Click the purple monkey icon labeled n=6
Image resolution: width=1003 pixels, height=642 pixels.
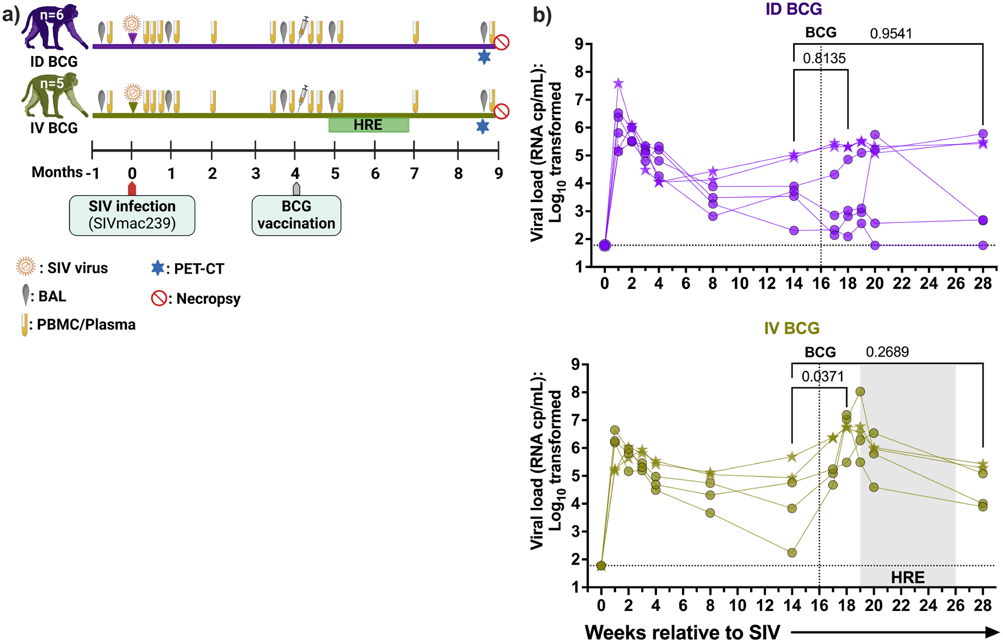tap(53, 27)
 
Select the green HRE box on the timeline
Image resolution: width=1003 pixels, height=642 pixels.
tap(368, 125)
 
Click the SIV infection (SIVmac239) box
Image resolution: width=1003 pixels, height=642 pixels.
tap(132, 215)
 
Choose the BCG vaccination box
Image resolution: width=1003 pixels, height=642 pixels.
tap(296, 215)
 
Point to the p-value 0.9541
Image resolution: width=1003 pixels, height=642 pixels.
tap(891, 33)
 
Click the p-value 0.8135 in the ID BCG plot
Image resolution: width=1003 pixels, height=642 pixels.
tap(824, 59)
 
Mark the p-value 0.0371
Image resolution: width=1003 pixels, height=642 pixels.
tap(823, 377)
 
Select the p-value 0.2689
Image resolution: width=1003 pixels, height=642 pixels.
tap(887, 352)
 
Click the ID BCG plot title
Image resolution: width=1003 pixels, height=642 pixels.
tap(794, 9)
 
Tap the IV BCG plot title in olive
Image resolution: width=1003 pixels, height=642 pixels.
tap(792, 328)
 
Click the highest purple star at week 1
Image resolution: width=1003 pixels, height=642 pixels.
tap(619, 84)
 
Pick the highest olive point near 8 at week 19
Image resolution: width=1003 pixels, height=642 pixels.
tap(860, 392)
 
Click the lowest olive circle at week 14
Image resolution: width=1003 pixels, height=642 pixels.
tap(792, 552)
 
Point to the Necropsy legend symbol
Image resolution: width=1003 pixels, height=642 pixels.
tap(158, 298)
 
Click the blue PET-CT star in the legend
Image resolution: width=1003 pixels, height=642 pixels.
tap(157, 268)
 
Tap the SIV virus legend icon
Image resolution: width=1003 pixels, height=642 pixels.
tap(26, 267)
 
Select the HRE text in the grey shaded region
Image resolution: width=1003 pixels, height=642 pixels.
tap(907, 578)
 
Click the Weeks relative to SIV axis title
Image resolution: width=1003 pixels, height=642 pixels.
tap(682, 632)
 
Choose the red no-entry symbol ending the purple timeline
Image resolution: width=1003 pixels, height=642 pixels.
tap(501, 42)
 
